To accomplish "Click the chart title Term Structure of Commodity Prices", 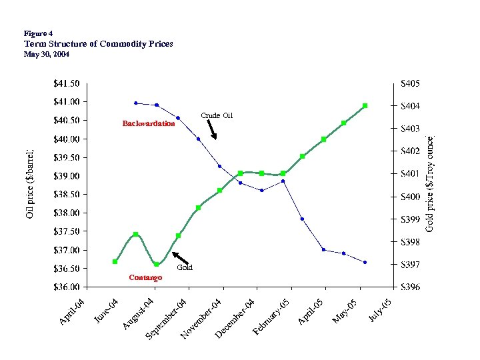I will (98, 44).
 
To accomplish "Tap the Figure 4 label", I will (38, 33).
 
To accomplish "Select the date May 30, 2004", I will (46, 54).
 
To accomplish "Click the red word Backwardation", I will (149, 123).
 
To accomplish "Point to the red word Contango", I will (145, 277).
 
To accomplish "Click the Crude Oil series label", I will (217, 116).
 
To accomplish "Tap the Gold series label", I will (185, 267).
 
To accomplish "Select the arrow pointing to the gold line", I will (179, 257).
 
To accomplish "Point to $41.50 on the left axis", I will (66, 83).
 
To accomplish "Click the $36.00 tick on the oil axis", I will (66, 287).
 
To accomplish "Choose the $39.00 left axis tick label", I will (66, 176).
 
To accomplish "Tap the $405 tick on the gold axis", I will (410, 83).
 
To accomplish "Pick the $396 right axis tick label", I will (410, 287).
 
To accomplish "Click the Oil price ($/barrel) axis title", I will (29, 184).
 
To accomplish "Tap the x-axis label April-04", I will (72, 312).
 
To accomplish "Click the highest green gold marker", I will (365, 106).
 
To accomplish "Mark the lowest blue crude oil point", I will (365, 263).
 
